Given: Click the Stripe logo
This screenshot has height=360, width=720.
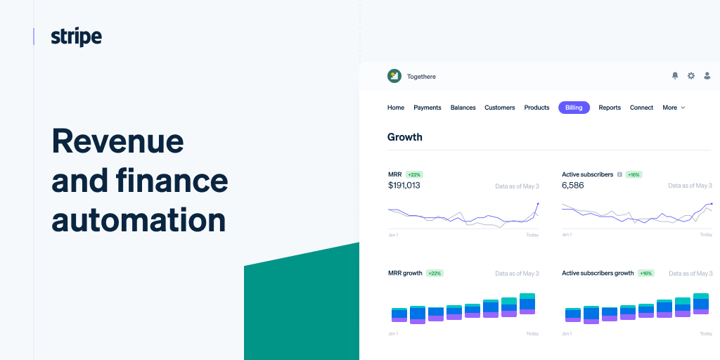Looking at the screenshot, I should click(x=76, y=37).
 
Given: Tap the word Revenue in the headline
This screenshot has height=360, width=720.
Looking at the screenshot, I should click(x=117, y=141).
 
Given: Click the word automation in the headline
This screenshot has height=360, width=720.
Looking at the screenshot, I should click(x=139, y=219).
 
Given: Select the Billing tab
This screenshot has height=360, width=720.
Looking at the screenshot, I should click(x=574, y=108).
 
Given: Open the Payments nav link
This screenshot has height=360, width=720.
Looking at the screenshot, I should click(x=427, y=108).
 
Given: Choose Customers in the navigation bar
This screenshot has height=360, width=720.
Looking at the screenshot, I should click(x=500, y=108).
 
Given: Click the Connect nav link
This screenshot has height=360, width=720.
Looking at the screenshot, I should click(x=641, y=108).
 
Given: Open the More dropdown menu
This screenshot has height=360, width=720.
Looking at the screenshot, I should click(x=674, y=108).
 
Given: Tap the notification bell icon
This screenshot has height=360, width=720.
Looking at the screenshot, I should click(x=675, y=76).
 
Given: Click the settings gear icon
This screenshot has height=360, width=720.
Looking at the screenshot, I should click(x=691, y=76).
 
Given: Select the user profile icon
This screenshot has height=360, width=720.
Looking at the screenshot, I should click(x=707, y=76).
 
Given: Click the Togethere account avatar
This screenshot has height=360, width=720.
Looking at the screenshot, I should click(x=394, y=76).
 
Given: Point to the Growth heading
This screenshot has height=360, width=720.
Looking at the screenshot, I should click(x=405, y=137).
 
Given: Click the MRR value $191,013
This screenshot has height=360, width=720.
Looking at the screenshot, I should click(x=404, y=186).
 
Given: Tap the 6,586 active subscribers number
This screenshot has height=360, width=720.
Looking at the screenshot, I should click(x=573, y=186).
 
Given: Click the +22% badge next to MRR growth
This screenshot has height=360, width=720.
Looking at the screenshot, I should click(x=435, y=273).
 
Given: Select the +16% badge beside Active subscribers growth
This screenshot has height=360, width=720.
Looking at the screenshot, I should click(x=645, y=273).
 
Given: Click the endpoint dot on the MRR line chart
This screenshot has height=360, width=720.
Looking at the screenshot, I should click(x=538, y=204).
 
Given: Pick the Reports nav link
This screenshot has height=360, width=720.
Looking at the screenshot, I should click(x=610, y=108).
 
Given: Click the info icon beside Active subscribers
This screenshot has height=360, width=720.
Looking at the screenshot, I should click(x=619, y=174).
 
